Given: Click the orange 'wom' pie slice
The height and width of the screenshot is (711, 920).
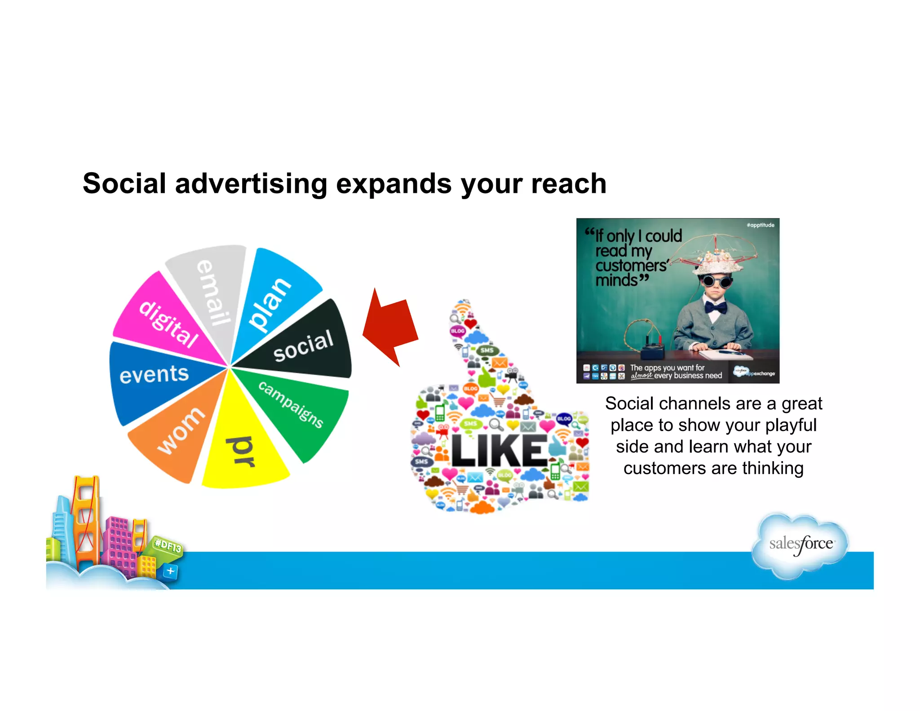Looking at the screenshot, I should coord(180,431).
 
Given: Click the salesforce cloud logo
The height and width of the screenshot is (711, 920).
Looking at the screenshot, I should coord(801,544).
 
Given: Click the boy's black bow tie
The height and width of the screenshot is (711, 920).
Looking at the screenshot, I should coord(715,307).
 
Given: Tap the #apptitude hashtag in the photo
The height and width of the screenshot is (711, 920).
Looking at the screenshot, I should coord(760,225).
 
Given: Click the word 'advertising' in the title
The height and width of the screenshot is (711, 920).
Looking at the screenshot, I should coord(251,184).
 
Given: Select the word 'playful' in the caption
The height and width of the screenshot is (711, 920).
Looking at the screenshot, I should coord(790,425).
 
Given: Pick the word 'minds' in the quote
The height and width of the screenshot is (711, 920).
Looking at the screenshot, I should coord(616,280).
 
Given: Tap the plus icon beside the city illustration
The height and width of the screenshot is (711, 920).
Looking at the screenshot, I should coord(170,571).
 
